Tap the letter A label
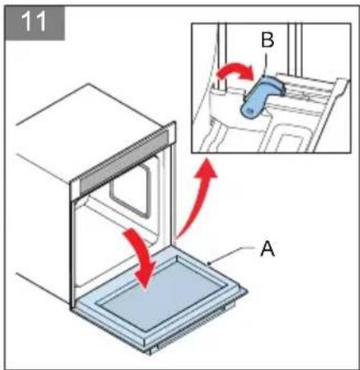tap(270, 250)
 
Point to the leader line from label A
tap(237, 256)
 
